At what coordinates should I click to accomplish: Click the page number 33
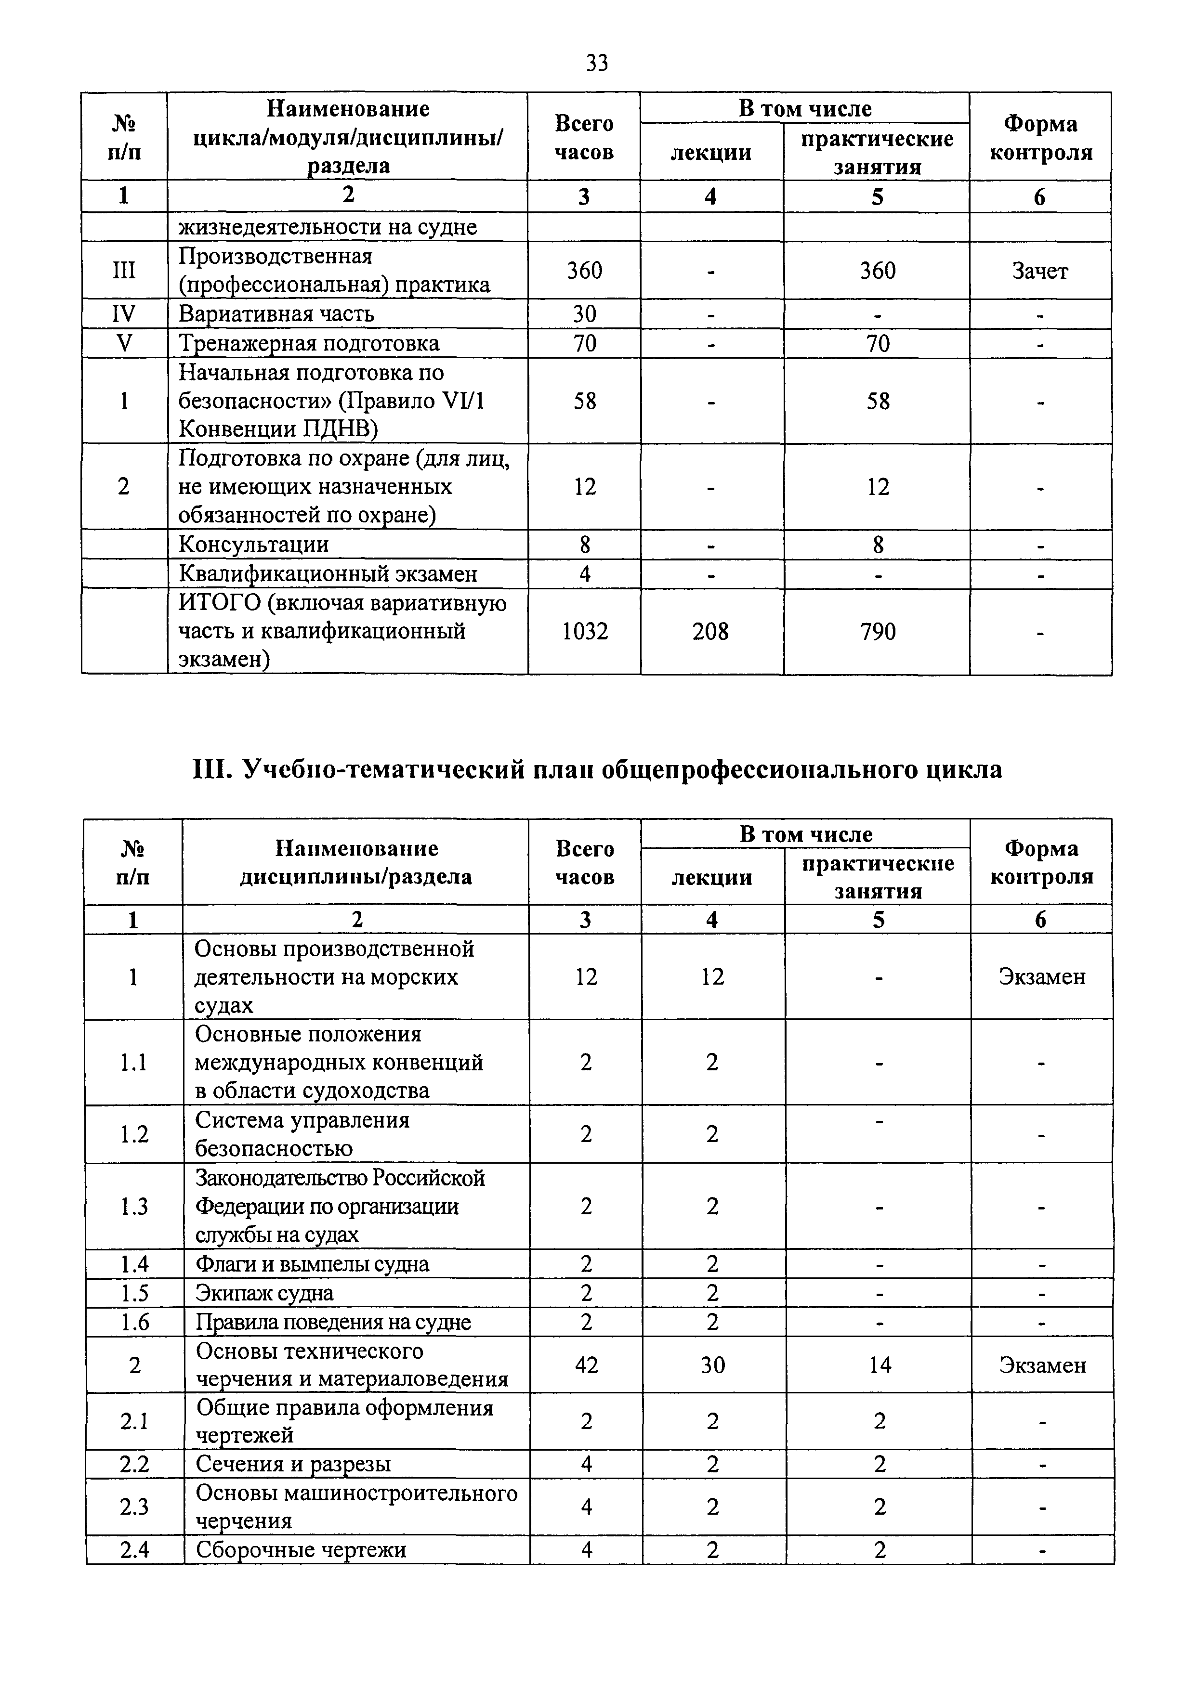coord(597,63)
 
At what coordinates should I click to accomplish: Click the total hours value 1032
coord(585,631)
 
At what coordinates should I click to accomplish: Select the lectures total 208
coord(711,631)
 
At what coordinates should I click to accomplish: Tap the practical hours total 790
coord(878,631)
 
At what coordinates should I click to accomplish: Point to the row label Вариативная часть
coord(276,314)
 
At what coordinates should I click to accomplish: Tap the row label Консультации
coord(254,545)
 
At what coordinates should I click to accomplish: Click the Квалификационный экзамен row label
coord(328,574)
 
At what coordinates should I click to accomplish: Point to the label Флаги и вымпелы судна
coord(312,1264)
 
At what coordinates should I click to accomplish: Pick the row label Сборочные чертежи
coord(301,1550)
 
